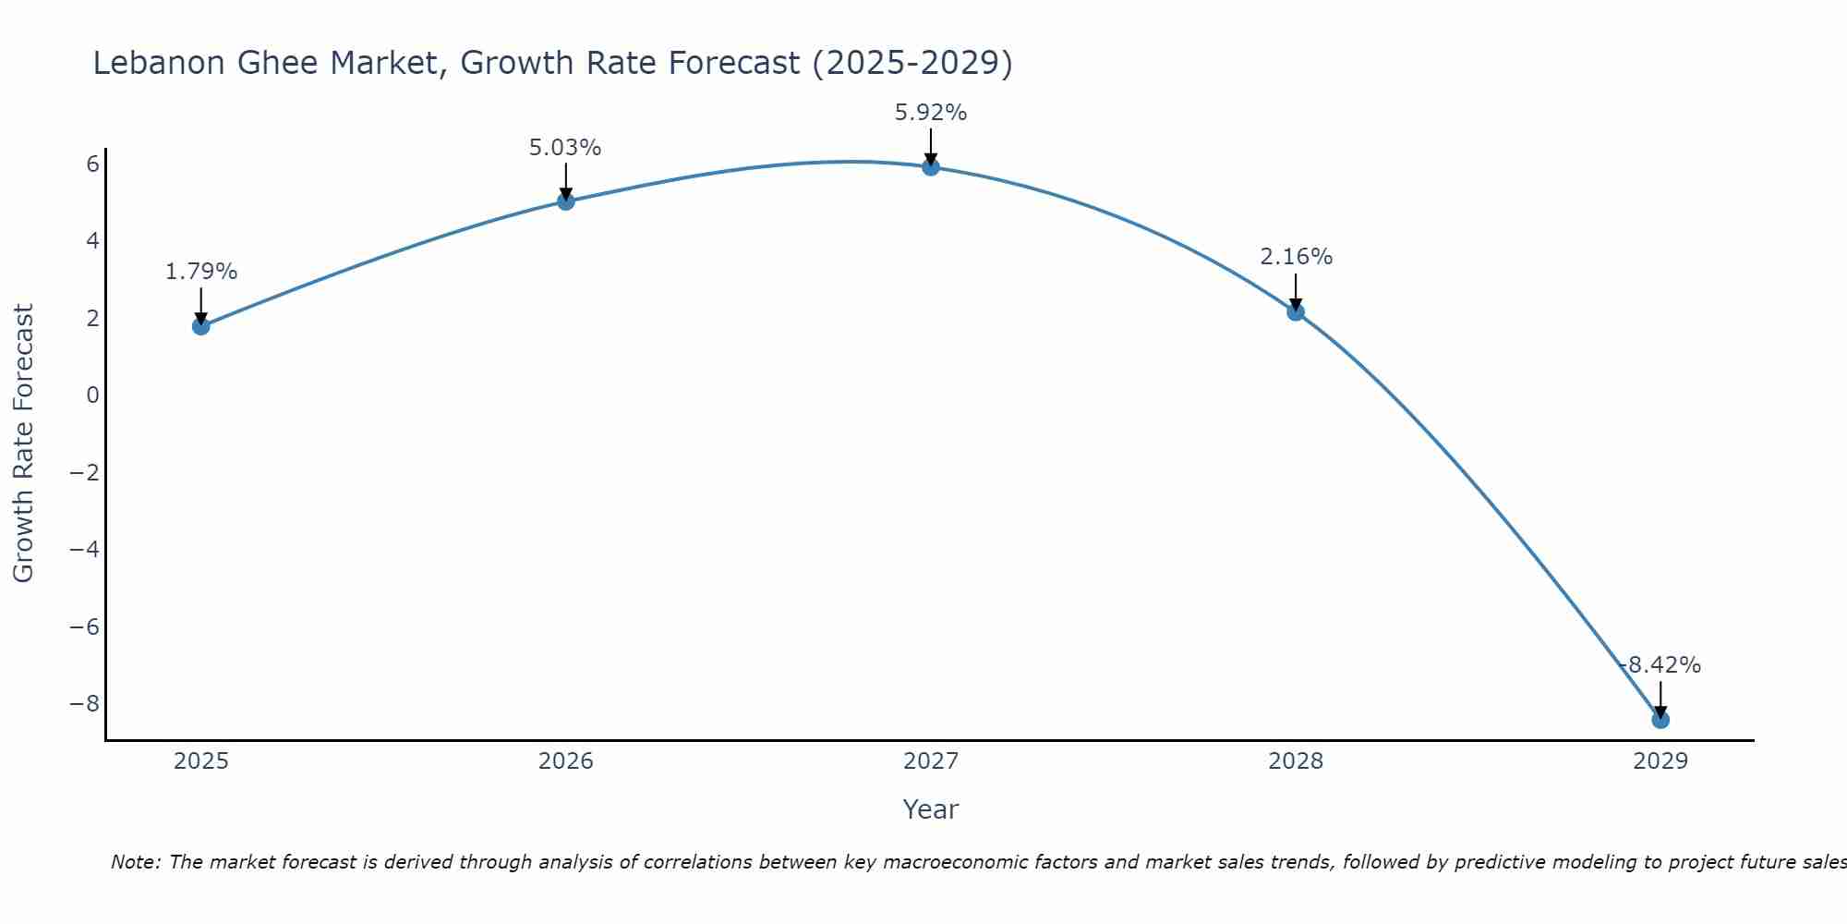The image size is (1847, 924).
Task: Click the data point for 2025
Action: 201,326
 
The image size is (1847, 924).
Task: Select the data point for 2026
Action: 566,201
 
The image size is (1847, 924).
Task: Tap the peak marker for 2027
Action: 931,167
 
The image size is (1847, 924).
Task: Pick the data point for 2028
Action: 1296,312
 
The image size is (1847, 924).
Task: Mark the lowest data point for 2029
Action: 1660,720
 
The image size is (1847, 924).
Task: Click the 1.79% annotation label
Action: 201,272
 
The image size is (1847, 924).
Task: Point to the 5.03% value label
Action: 565,148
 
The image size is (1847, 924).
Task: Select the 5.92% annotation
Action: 931,113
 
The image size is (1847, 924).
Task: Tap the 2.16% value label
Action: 1297,257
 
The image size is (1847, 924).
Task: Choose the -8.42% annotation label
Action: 1660,665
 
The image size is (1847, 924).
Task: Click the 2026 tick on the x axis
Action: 566,761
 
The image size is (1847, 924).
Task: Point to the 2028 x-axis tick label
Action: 1296,761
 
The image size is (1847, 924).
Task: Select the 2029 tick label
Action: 1660,761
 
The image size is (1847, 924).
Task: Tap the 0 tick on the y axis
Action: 92,395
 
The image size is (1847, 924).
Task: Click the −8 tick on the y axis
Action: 85,704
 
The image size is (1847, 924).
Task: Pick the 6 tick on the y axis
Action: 92,164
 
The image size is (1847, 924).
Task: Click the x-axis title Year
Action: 931,809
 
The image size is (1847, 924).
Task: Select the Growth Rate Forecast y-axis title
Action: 23,444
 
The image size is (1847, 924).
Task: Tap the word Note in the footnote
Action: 135,862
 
